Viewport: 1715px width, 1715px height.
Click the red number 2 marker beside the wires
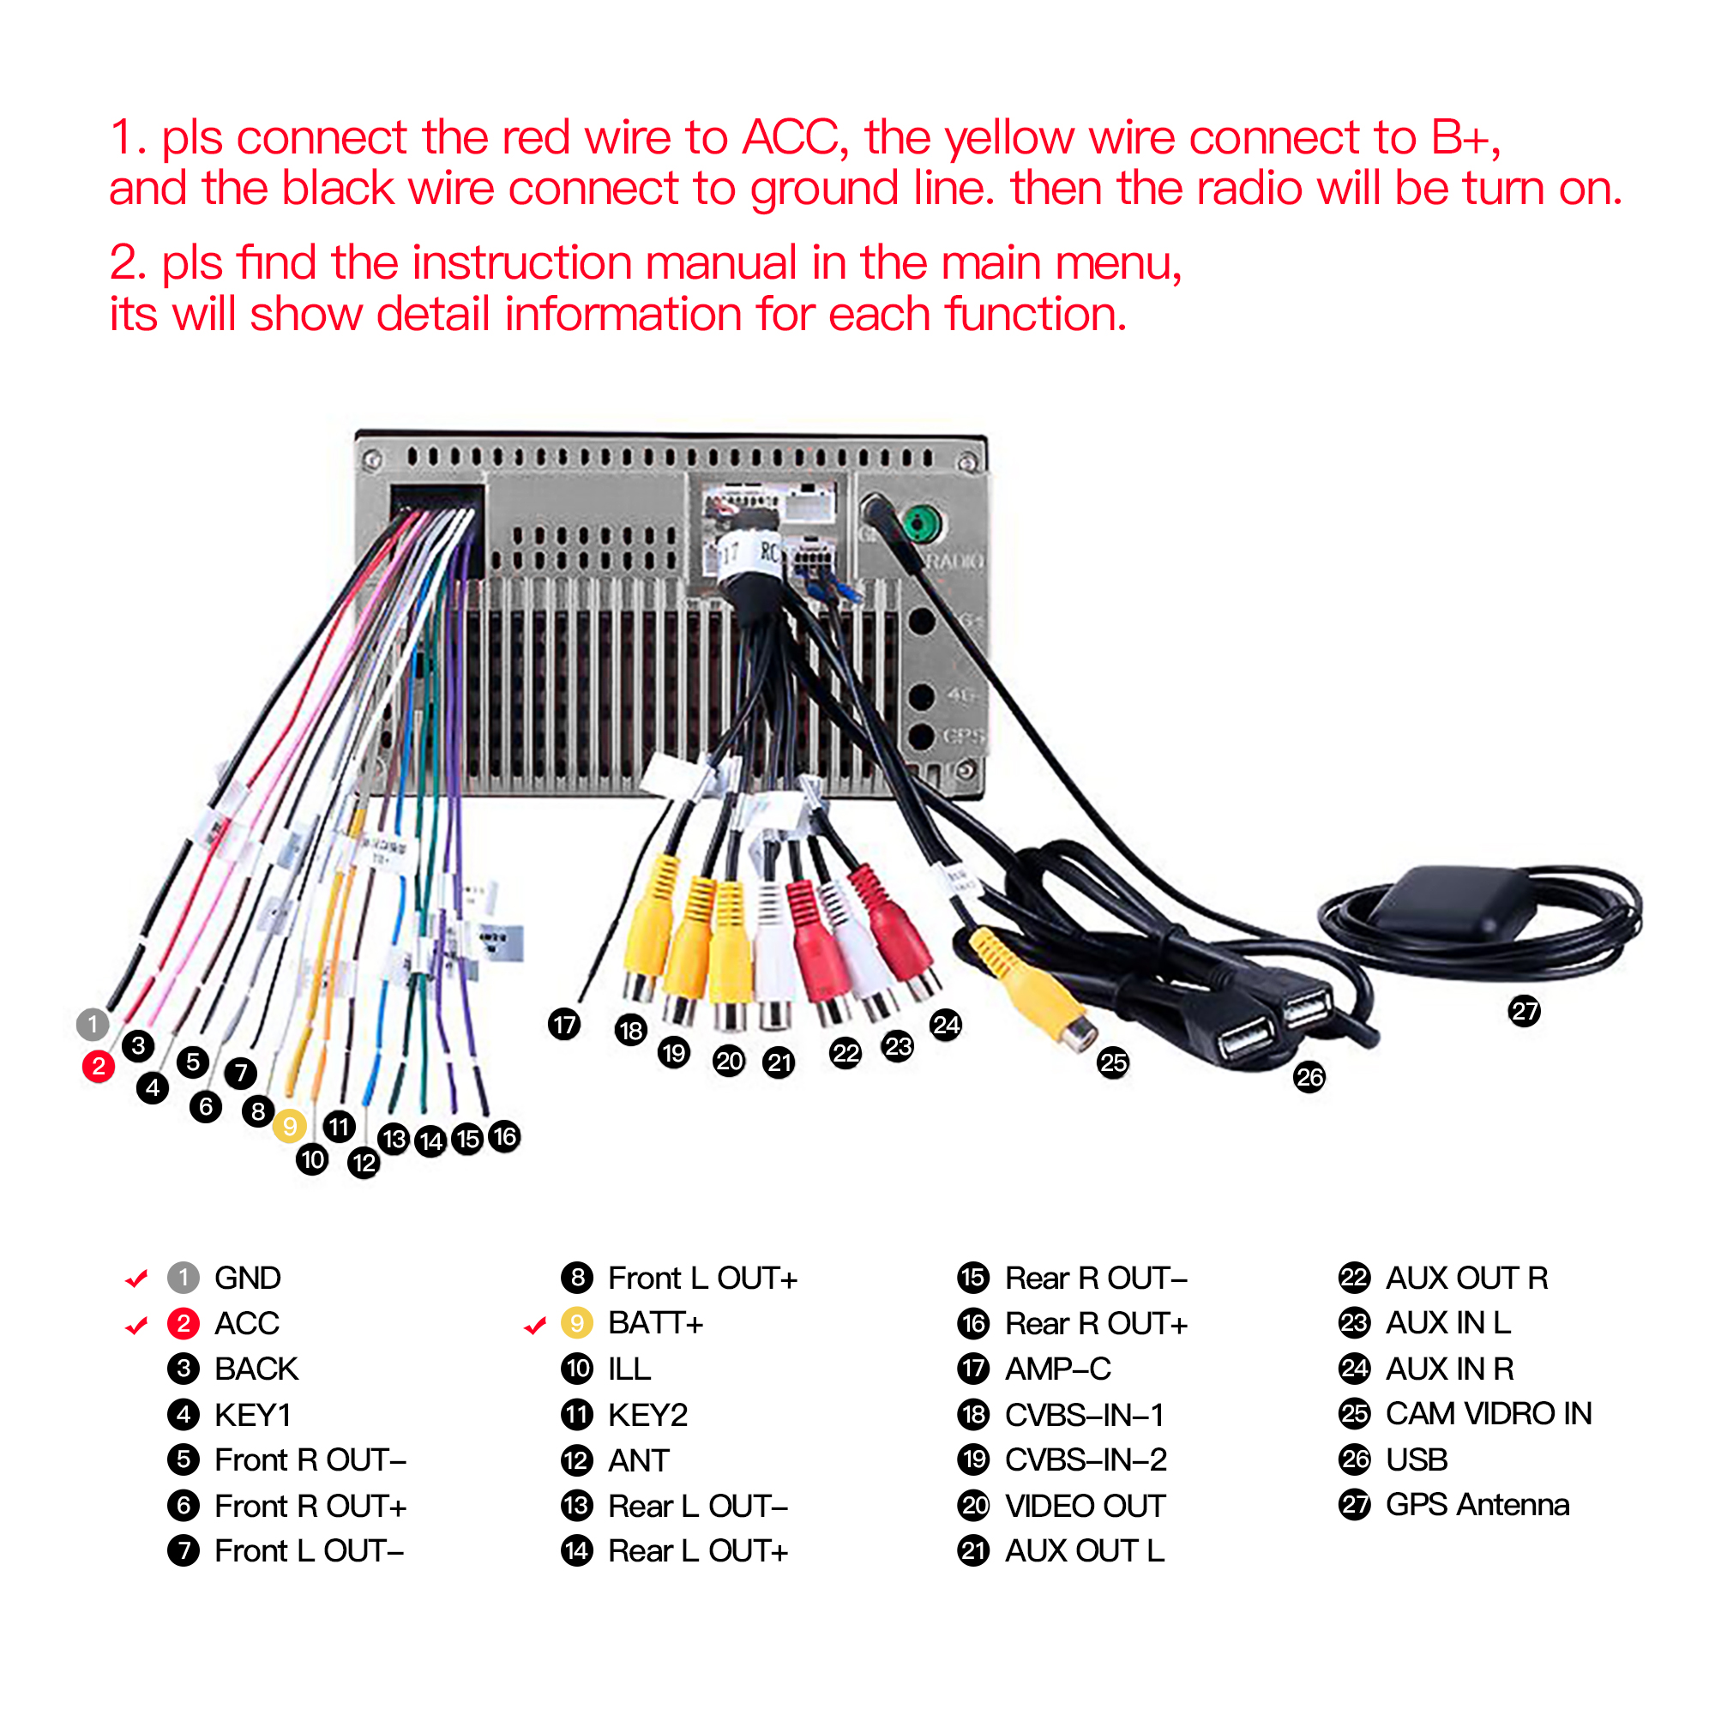[99, 1066]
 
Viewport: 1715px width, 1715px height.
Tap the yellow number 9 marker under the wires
[289, 1126]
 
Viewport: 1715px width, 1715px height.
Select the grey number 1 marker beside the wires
[93, 1024]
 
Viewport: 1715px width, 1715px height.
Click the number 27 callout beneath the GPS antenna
[1524, 1010]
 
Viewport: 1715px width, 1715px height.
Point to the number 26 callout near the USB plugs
[1309, 1077]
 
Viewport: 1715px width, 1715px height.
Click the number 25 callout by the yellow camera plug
[1113, 1062]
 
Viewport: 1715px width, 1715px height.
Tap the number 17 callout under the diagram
[564, 1025]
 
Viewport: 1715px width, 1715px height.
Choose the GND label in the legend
[248, 1279]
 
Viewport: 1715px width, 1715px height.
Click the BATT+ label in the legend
[655, 1323]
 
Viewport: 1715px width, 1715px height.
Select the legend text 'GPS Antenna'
[1477, 1505]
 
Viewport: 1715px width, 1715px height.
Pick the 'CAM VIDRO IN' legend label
[1488, 1413]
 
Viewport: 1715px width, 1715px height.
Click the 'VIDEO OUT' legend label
[1085, 1506]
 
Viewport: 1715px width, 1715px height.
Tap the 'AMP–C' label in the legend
[1058, 1369]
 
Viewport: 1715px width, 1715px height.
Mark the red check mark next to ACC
[136, 1326]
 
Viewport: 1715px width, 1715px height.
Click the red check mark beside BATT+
[534, 1327]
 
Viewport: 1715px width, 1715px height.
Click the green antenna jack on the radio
[923, 524]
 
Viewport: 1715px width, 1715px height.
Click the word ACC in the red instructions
[791, 137]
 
